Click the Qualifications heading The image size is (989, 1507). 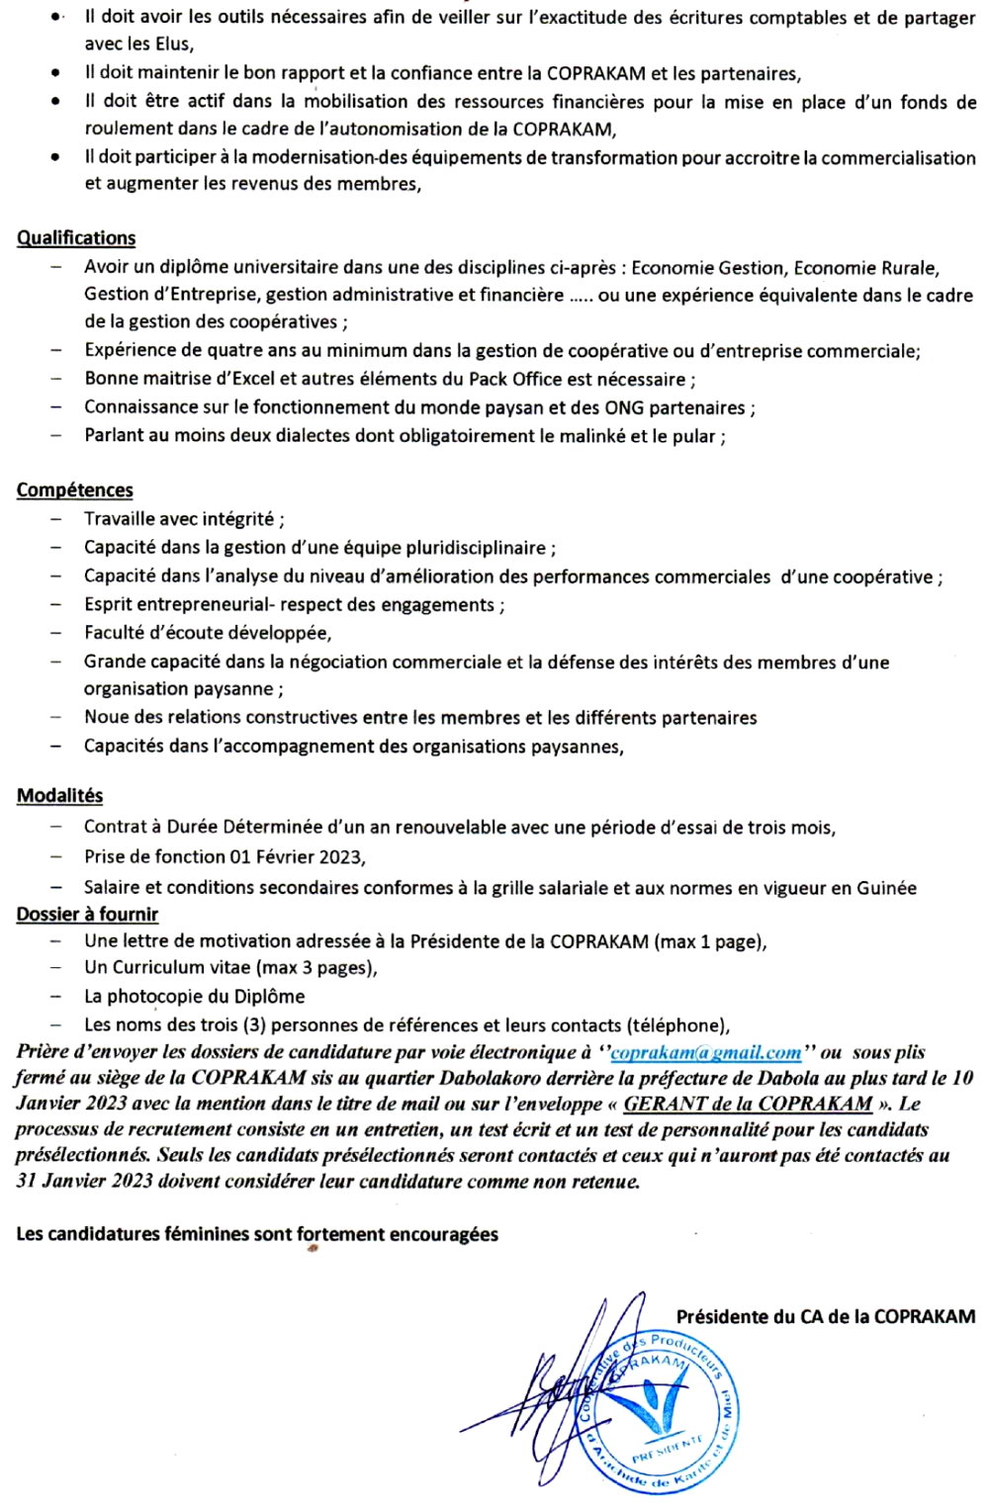[x=76, y=238]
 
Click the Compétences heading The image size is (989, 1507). [x=75, y=490]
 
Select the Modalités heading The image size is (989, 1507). [x=59, y=796]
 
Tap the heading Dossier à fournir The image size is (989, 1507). [x=87, y=915]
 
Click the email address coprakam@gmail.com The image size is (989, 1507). [x=705, y=1053]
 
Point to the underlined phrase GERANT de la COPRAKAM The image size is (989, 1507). [x=748, y=1105]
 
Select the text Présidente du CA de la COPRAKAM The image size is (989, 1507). [x=825, y=1317]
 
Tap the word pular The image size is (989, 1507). [x=694, y=436]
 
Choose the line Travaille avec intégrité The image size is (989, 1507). [x=184, y=519]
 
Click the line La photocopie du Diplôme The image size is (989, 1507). [x=194, y=997]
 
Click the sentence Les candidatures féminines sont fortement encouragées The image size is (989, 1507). [x=257, y=1234]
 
